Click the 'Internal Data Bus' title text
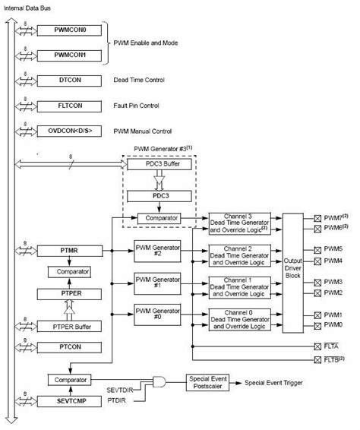[28, 6]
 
